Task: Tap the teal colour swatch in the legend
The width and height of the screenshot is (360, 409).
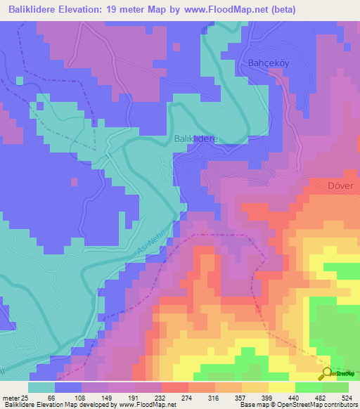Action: pyautogui.click(x=41, y=387)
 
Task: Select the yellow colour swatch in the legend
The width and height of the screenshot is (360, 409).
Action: pyautogui.click(x=281, y=387)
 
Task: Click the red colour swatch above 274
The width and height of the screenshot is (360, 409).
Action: pyautogui.click(x=174, y=387)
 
